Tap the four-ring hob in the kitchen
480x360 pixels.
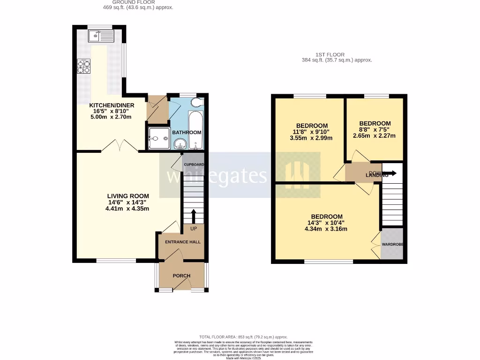[x=84, y=67]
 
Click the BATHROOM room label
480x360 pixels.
[x=187, y=133]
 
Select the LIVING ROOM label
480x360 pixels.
[x=128, y=196]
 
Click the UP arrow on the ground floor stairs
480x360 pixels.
[x=193, y=217]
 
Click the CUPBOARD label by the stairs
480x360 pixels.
[x=194, y=165]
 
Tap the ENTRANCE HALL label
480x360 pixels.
[x=182, y=242]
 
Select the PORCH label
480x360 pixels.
[x=181, y=276]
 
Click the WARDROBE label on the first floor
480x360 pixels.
[x=393, y=245]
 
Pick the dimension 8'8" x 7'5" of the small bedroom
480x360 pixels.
[x=375, y=130]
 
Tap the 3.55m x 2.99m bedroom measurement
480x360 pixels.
[x=311, y=138]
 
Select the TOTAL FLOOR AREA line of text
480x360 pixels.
[x=243, y=337]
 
